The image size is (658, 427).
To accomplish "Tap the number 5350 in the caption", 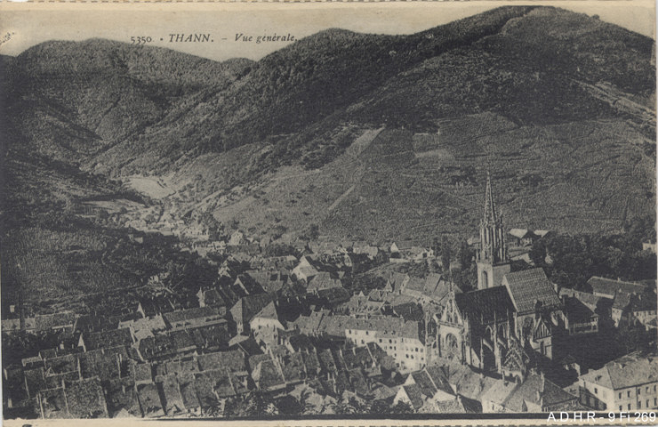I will tap(140, 39).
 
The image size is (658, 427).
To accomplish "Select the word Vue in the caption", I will tap(243, 37).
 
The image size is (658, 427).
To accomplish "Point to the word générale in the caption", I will tap(276, 37).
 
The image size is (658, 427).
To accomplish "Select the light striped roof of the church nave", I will tap(531, 289).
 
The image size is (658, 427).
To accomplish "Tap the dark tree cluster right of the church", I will tap(587, 254).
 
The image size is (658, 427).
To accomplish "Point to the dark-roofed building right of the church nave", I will tap(578, 311).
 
